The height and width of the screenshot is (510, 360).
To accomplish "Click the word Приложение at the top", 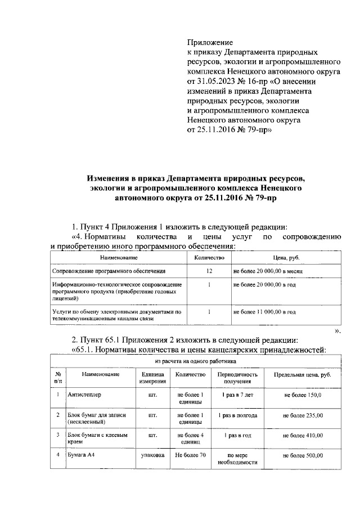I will point(209,42).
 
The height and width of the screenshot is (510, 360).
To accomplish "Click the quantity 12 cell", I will point(209,271).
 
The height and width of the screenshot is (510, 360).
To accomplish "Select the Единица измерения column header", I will point(152,378).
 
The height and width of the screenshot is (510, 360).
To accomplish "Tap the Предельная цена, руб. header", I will point(303,374).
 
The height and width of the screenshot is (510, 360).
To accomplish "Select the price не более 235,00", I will point(303,415).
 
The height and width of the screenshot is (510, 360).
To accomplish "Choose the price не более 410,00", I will point(303,435).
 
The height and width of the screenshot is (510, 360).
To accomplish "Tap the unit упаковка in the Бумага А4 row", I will point(152,455).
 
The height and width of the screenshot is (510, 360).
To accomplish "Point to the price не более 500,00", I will point(303,455).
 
